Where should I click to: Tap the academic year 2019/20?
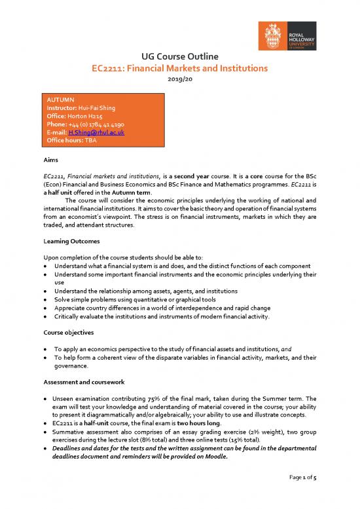click(x=180, y=79)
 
